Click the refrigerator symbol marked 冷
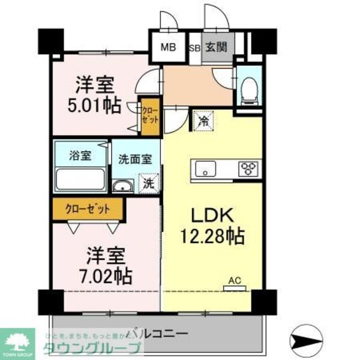[x=204, y=121]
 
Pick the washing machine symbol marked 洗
[x=148, y=183]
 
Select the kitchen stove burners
[x=250, y=168]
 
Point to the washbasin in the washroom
[x=122, y=185]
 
